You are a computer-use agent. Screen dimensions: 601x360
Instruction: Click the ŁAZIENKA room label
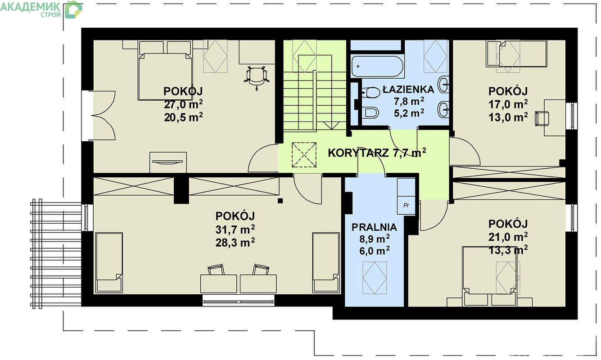click(x=409, y=90)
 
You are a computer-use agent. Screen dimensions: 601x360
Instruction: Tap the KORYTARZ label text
click(x=358, y=153)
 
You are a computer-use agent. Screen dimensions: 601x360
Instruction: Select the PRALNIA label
click(x=374, y=227)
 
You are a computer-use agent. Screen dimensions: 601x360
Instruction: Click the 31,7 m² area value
click(x=235, y=229)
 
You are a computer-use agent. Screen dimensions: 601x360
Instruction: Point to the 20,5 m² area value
click(x=184, y=117)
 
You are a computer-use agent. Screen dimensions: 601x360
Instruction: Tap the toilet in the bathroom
click(x=371, y=92)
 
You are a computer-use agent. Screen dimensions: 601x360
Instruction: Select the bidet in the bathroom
click(x=371, y=112)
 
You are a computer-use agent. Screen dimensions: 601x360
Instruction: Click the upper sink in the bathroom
click(x=444, y=84)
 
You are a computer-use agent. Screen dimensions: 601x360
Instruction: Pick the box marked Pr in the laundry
click(x=406, y=205)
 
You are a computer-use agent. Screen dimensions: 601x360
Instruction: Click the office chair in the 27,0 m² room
click(x=257, y=77)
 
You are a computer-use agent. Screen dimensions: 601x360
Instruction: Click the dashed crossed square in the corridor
click(x=304, y=155)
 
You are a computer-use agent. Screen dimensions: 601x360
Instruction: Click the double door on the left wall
click(x=103, y=116)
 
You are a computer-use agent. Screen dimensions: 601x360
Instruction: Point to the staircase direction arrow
click(x=331, y=126)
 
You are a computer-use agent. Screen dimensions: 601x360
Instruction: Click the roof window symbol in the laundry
click(x=375, y=278)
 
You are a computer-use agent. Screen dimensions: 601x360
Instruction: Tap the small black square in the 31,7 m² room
click(x=280, y=201)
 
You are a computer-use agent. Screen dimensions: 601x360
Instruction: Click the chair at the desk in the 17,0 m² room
click(x=542, y=118)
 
